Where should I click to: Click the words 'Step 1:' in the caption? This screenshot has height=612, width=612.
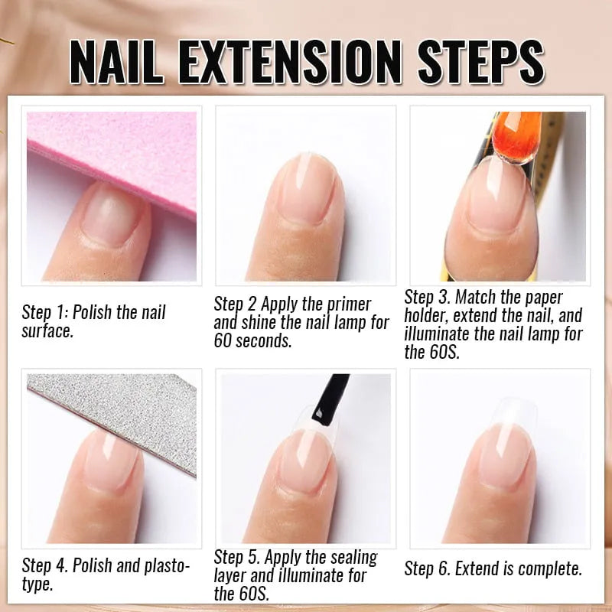(45, 313)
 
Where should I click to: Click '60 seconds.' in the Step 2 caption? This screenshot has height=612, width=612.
(252, 340)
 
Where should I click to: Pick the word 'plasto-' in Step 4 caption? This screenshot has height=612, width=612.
(164, 566)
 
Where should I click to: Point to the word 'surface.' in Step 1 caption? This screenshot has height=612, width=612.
(47, 331)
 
